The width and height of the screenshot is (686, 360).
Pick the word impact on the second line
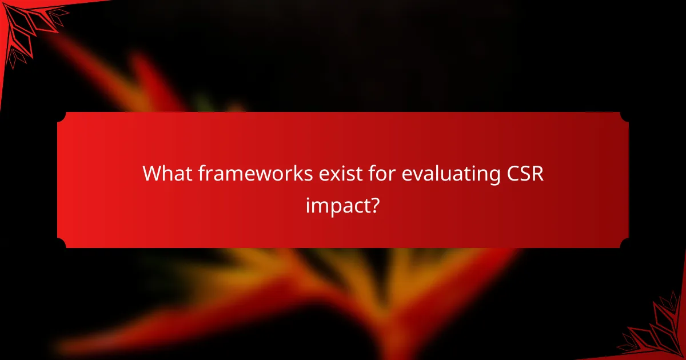pyautogui.click(x=336, y=205)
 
